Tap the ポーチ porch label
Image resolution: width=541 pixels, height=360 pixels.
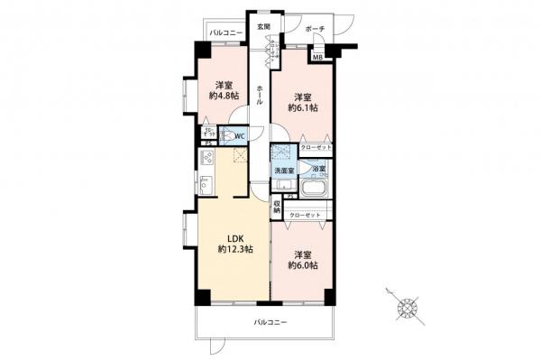point(315,29)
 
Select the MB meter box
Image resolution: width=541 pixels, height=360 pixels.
point(317,58)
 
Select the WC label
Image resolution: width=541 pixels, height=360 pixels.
point(240,136)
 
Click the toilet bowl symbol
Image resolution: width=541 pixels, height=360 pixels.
point(227,137)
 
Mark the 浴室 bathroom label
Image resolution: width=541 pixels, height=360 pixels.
point(318,169)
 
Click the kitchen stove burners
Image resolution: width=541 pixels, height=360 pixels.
point(206,161)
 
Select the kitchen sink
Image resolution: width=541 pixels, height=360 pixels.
point(206,186)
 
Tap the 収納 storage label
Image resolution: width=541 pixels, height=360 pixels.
point(277,208)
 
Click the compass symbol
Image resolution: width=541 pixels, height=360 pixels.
point(408,308)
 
